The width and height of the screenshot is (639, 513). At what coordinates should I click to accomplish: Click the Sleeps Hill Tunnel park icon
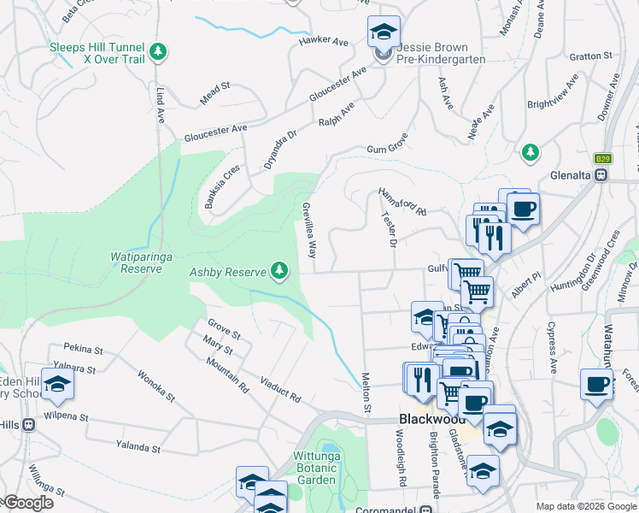[157, 53]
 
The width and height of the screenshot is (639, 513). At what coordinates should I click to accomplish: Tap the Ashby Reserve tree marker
[278, 272]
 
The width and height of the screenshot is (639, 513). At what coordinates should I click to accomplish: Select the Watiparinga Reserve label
[136, 262]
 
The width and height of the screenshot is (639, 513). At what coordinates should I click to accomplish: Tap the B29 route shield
[602, 158]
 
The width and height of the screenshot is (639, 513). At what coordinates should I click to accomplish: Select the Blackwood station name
[431, 419]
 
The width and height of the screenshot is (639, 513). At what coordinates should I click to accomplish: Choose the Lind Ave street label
[160, 105]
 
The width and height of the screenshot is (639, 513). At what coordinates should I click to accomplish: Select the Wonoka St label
[156, 386]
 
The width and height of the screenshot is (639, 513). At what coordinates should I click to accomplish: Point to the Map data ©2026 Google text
[585, 505]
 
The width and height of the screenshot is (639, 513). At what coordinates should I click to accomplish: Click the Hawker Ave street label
[324, 40]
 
